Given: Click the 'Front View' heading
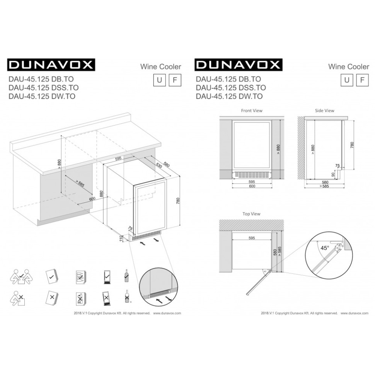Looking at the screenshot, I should click(x=252, y=111).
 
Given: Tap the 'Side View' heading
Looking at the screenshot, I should click(x=324, y=111).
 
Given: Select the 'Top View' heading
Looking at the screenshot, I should click(x=251, y=214).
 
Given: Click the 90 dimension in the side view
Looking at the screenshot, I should click(x=333, y=175).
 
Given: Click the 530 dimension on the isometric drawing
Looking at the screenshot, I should click(x=158, y=165).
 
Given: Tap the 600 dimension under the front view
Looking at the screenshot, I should click(x=252, y=186).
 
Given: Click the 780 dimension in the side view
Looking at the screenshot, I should click(x=352, y=145).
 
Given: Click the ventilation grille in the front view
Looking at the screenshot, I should click(x=252, y=174).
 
